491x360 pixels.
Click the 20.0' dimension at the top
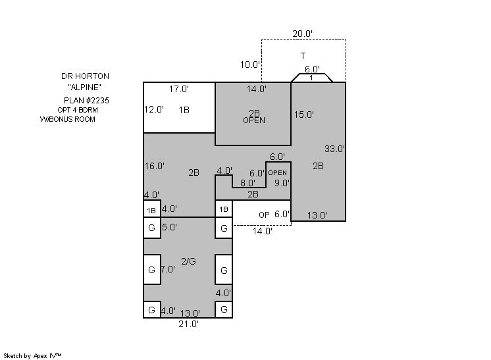[302, 34]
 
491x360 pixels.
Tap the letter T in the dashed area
[303, 56]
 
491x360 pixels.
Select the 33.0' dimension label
[334, 149]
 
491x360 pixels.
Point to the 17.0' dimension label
[179, 90]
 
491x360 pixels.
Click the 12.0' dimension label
[154, 109]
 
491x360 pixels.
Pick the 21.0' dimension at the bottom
[188, 324]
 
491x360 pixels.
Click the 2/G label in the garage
[188, 261]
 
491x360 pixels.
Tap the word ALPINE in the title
[84, 88]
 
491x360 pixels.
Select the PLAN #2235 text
[86, 101]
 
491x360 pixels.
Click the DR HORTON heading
[85, 76]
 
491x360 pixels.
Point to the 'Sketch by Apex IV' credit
[32, 356]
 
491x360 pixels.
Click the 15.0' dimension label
[303, 115]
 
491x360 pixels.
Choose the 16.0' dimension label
[155, 166]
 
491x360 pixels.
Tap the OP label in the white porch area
[264, 215]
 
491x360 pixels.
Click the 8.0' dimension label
[247, 183]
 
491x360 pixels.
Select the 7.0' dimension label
[168, 269]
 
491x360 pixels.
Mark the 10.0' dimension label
[250, 64]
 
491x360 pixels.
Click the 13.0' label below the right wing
[317, 215]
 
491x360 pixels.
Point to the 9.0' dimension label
[282, 183]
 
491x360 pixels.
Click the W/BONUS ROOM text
[68, 119]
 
